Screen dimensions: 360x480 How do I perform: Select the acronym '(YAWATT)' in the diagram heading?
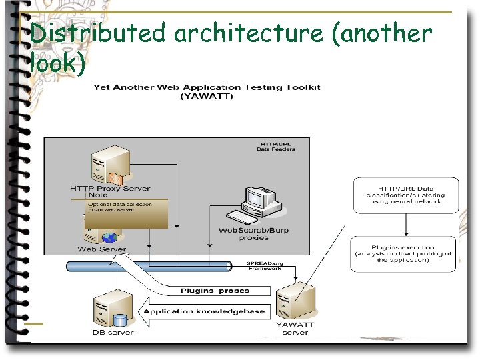tap(207, 97)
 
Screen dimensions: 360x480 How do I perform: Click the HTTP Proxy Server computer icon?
tap(107, 167)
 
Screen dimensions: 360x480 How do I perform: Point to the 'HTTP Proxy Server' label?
tap(110, 189)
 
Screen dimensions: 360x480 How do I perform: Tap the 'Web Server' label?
tap(101, 249)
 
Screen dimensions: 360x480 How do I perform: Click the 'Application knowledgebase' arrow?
tap(204, 311)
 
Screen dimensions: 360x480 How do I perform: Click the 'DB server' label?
tap(113, 332)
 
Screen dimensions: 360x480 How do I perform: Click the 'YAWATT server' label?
tap(295, 329)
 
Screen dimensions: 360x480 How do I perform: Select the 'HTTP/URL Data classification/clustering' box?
tap(405, 195)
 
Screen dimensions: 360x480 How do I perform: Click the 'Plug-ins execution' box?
tap(403, 253)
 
